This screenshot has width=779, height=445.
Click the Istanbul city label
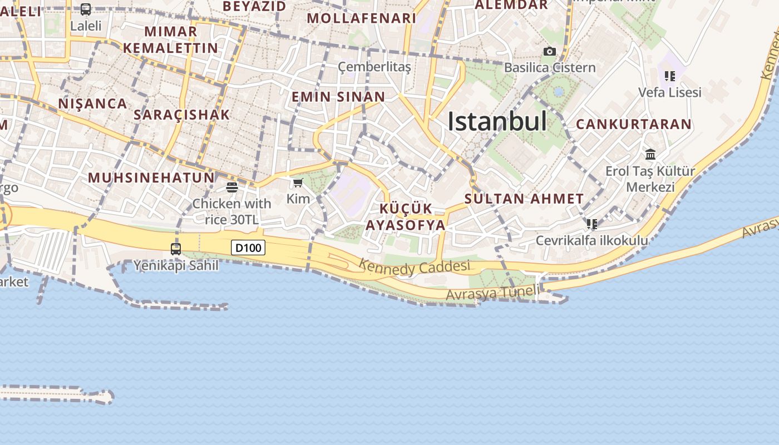coord(497,121)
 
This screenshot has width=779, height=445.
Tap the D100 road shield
coord(248,248)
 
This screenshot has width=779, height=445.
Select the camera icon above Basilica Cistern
coord(549,52)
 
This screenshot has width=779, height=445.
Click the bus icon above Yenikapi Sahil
coord(176,249)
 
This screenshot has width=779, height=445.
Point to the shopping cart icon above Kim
coord(298,183)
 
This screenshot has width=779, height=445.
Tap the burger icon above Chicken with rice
coord(232,187)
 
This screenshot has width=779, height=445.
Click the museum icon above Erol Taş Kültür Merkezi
coord(650,154)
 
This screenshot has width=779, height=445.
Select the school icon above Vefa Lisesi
coord(669,76)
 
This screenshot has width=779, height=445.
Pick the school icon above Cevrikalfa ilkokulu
coord(591,224)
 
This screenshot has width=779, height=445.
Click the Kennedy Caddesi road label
coord(414,267)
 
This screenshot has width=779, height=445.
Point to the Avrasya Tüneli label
coord(492,293)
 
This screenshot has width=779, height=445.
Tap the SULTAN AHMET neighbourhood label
coord(524,199)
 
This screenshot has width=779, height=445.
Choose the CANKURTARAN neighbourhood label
coord(633,124)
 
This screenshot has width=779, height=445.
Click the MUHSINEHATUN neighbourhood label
coord(151,177)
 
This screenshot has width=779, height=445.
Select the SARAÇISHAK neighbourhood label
coord(181,115)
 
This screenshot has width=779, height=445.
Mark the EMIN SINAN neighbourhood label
coord(338,97)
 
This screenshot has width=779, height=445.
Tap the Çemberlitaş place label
coord(374,67)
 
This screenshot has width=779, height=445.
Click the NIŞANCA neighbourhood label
coord(92,103)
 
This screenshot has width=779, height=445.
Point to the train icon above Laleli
coord(85,9)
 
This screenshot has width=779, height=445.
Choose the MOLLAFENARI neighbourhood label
coord(361,18)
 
